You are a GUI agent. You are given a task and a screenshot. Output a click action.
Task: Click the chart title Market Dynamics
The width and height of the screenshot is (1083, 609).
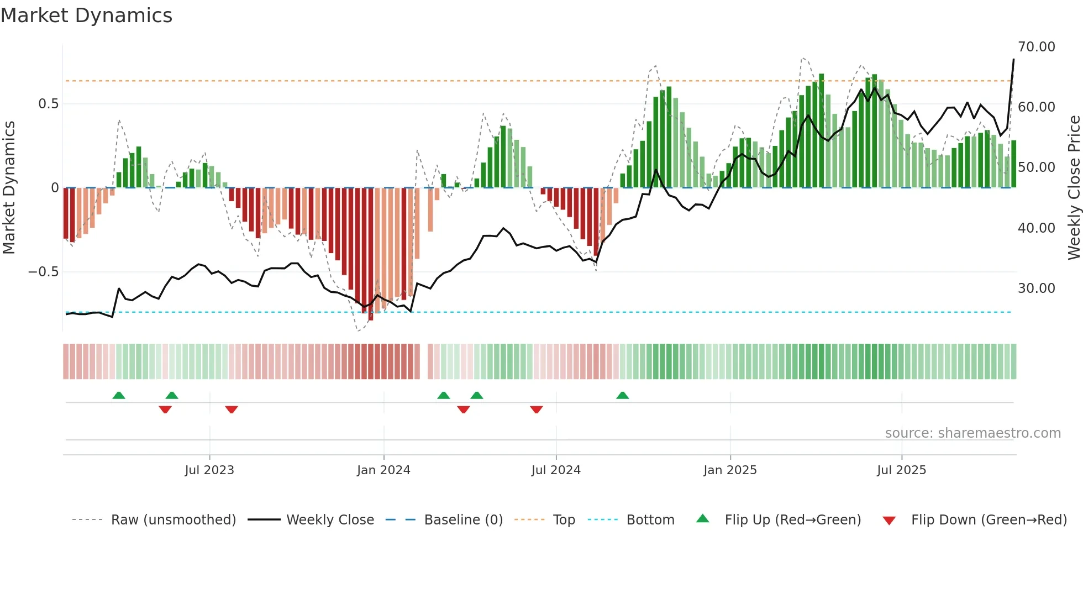(86, 15)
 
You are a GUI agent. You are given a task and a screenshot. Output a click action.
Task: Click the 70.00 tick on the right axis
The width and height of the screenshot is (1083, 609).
(1036, 47)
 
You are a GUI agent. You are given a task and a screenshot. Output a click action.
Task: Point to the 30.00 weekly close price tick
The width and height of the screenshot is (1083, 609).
(1036, 288)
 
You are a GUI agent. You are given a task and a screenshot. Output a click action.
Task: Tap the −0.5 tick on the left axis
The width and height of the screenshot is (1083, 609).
(43, 272)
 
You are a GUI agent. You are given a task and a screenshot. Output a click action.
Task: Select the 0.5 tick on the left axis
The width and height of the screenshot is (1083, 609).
(48, 104)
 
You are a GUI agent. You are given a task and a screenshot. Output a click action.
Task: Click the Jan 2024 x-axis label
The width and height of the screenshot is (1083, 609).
(383, 470)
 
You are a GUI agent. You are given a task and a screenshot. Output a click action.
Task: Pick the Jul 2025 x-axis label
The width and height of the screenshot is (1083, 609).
(901, 470)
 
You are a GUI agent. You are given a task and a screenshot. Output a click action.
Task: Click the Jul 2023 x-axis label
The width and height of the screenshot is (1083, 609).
(209, 470)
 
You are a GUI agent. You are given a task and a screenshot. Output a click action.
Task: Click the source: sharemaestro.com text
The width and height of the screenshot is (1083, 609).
(972, 433)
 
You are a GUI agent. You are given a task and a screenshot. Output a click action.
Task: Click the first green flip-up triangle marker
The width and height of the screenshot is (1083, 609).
(119, 395)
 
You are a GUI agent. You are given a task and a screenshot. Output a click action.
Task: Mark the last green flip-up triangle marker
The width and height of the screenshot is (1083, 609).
(623, 395)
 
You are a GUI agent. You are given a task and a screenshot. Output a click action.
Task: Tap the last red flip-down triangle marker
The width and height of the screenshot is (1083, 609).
(537, 410)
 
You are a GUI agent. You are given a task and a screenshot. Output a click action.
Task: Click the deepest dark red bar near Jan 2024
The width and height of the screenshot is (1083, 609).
(371, 254)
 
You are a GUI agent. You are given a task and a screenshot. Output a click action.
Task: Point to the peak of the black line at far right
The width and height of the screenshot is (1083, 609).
(1013, 60)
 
